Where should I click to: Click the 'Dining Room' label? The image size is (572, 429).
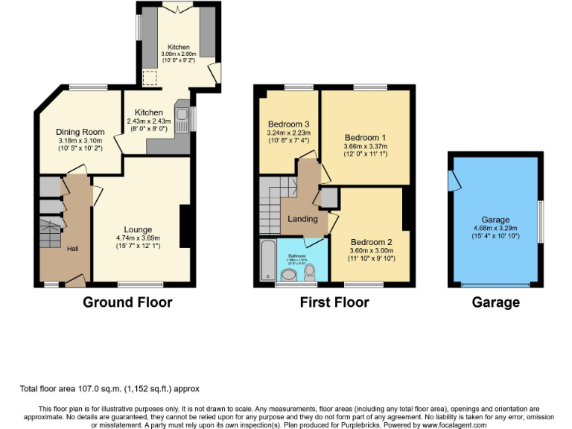[x=80, y=132]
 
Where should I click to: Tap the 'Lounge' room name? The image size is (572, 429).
[x=139, y=229]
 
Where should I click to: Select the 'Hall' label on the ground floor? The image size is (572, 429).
[x=72, y=249]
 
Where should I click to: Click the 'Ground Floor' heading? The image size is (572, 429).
[x=127, y=302]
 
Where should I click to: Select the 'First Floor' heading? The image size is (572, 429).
[x=334, y=302]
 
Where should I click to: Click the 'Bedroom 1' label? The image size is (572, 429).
[x=365, y=137]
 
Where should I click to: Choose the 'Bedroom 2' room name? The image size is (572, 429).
[x=371, y=242]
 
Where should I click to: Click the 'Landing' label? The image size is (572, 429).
[x=302, y=219]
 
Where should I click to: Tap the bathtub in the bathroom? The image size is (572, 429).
[x=267, y=261]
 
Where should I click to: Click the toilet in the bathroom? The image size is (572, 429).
[x=310, y=276]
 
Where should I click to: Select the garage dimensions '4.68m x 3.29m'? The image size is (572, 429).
[x=495, y=229]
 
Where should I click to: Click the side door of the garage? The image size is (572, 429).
[x=451, y=181]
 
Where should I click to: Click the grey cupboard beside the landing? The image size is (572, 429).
[x=327, y=197]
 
